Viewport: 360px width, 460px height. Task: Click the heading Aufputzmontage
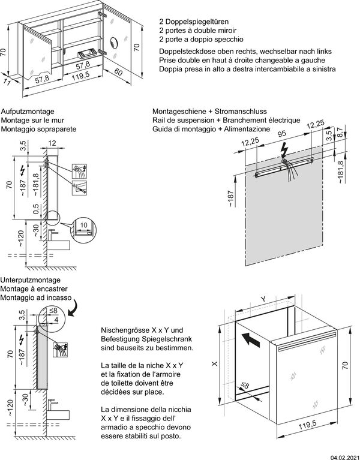(x=28, y=112)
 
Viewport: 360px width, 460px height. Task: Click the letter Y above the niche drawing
(x=263, y=298)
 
